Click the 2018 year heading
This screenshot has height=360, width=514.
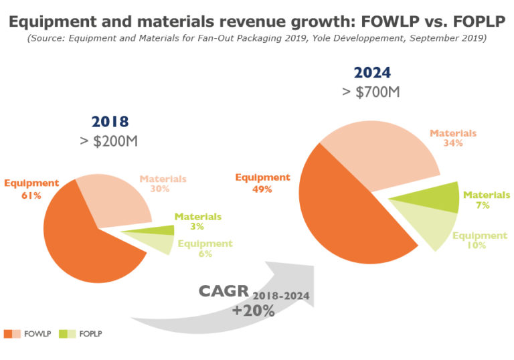pyautogui.click(x=109, y=122)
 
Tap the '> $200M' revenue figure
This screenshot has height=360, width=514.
pyautogui.click(x=109, y=141)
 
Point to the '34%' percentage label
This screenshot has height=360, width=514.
pyautogui.click(x=453, y=143)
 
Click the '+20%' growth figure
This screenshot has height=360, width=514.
pyautogui.click(x=254, y=311)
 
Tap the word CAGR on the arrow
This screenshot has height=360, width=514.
pyautogui.click(x=223, y=292)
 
